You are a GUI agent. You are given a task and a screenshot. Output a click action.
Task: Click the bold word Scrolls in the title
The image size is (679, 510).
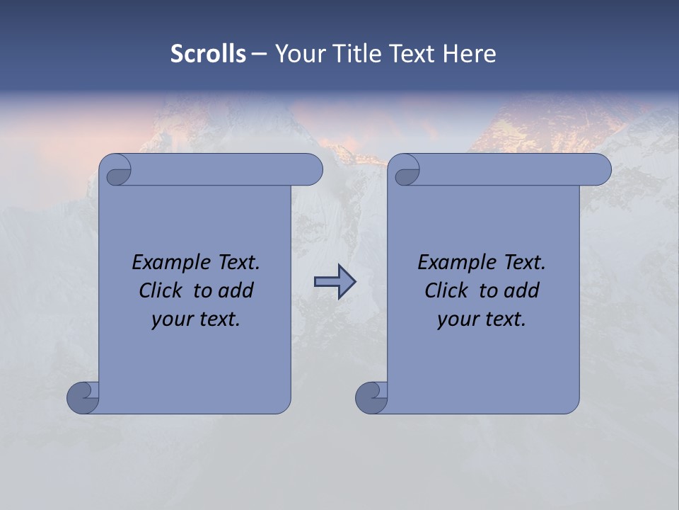pos(208,54)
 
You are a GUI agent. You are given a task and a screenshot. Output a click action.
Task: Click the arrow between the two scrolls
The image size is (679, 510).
pos(335,282)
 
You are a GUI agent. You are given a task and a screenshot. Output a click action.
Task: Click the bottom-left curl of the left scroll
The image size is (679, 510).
pos(83,397)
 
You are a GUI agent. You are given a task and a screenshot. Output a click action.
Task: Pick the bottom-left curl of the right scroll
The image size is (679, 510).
pos(371,397)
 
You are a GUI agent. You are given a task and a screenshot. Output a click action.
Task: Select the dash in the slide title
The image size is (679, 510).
pos(260,54)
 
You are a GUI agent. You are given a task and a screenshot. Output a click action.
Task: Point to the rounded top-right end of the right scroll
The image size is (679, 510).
pos(598,170)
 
